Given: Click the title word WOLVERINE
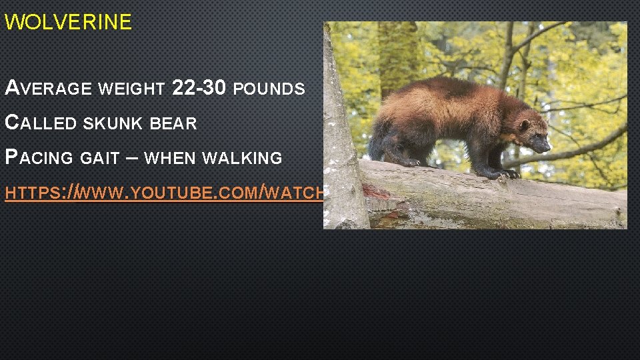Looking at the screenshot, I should click(x=68, y=23).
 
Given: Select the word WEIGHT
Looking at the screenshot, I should click(x=131, y=89).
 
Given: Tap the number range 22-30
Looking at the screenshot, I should click(x=199, y=87).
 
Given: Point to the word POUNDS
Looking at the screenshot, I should click(x=271, y=89).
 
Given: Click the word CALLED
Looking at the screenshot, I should click(x=41, y=123).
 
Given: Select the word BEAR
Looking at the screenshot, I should click(x=173, y=124).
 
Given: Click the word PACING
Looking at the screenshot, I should click(x=39, y=159).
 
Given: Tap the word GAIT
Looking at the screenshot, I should click(x=101, y=159).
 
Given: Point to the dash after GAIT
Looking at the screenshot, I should click(x=131, y=158).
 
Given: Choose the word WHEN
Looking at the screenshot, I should click(x=170, y=159).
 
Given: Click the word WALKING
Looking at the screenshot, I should click(x=241, y=159).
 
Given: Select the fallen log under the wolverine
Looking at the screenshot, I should click(x=493, y=200).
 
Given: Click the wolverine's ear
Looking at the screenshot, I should click(x=524, y=124).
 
